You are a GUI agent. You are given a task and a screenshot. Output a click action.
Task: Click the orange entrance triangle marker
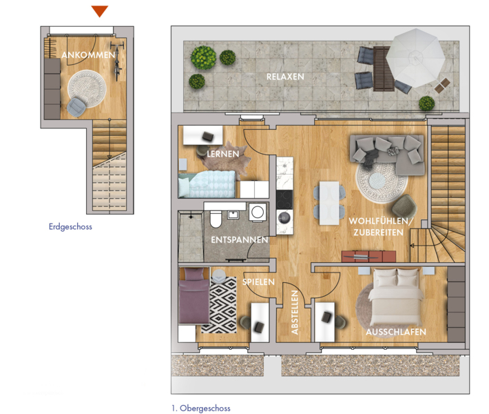[100, 11]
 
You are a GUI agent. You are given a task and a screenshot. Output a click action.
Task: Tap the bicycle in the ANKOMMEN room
[117, 61]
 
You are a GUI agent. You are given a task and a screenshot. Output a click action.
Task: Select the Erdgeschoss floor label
[70, 226]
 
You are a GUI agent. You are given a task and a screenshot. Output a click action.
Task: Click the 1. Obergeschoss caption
[201, 408]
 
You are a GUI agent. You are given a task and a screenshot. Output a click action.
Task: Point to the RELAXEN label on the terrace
[285, 77]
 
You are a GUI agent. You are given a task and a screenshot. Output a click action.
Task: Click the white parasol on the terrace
[415, 58]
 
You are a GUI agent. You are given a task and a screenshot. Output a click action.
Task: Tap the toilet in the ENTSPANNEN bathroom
[216, 219]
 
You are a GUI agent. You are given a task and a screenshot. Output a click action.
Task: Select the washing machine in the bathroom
[258, 213]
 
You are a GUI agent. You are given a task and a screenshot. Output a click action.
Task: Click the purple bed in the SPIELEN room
[194, 295]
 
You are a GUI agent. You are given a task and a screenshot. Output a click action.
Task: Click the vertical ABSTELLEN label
[295, 313]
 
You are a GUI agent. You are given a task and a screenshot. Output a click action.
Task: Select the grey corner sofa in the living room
[387, 153]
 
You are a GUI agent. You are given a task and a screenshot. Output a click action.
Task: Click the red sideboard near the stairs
[368, 256]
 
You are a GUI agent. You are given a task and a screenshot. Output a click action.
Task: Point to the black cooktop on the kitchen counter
[284, 199]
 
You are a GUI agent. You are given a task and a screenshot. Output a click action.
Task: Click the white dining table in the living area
[329, 203]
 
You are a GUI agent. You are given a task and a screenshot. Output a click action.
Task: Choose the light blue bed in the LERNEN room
[207, 184]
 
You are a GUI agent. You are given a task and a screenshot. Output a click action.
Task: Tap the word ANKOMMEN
[89, 55]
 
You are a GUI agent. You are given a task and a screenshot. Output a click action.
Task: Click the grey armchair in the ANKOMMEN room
[76, 107]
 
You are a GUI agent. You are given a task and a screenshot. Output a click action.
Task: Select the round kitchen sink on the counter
[284, 218]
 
